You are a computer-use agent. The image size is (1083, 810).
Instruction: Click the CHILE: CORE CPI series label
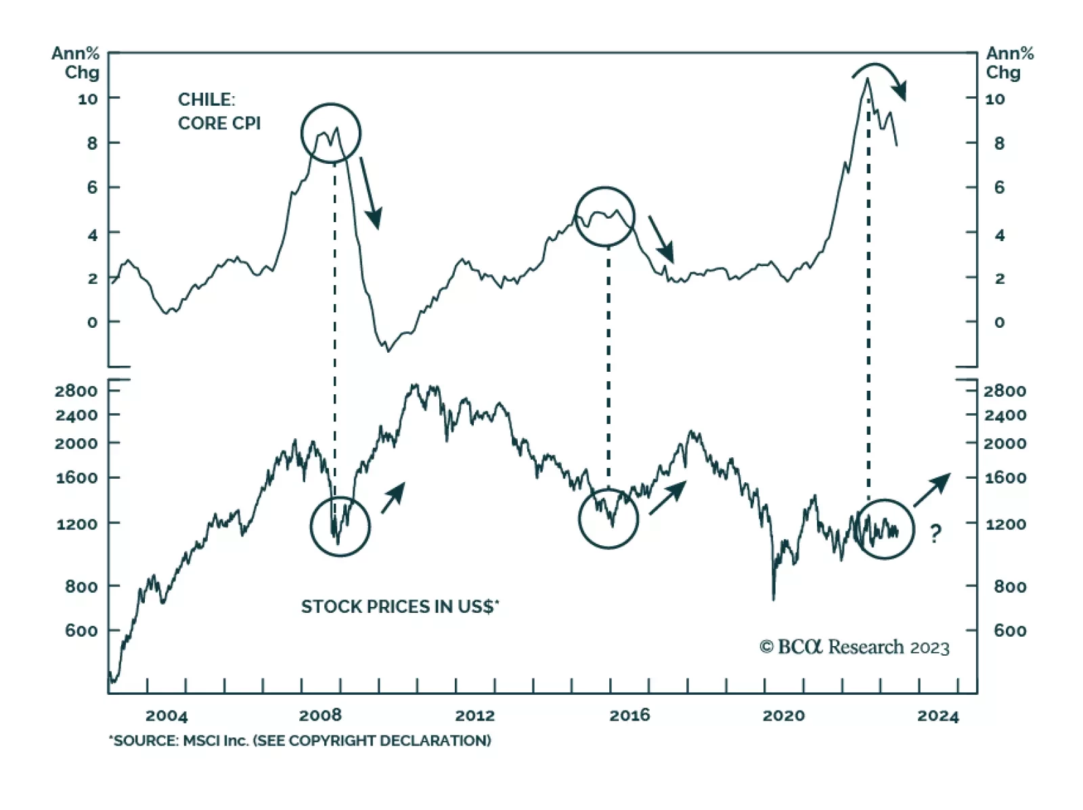coord(219,111)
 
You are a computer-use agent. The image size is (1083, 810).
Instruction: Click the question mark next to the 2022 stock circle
coord(935,534)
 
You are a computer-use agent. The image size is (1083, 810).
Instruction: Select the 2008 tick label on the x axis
coord(320,715)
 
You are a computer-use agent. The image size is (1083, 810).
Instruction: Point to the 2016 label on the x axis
coord(629,715)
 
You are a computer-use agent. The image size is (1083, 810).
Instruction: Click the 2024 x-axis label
coord(937,716)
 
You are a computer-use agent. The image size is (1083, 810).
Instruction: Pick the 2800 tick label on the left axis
coord(76,391)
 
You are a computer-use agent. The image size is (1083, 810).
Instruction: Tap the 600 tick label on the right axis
coord(1009,631)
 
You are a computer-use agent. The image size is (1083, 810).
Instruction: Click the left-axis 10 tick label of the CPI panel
coord(87,99)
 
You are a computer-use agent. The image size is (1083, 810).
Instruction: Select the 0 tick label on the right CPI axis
coord(999,322)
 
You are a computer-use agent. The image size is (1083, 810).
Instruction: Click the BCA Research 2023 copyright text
coord(854,647)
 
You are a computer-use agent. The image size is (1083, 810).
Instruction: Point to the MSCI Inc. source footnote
coord(300,740)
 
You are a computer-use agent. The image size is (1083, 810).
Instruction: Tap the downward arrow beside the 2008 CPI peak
coord(370,193)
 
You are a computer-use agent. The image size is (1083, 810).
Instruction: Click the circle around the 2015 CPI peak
coord(604,217)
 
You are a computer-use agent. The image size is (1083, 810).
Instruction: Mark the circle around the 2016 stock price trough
coord(609,518)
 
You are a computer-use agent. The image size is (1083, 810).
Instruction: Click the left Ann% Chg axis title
coord(76,62)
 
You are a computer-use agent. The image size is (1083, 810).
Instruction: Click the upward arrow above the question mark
coord(932,490)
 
